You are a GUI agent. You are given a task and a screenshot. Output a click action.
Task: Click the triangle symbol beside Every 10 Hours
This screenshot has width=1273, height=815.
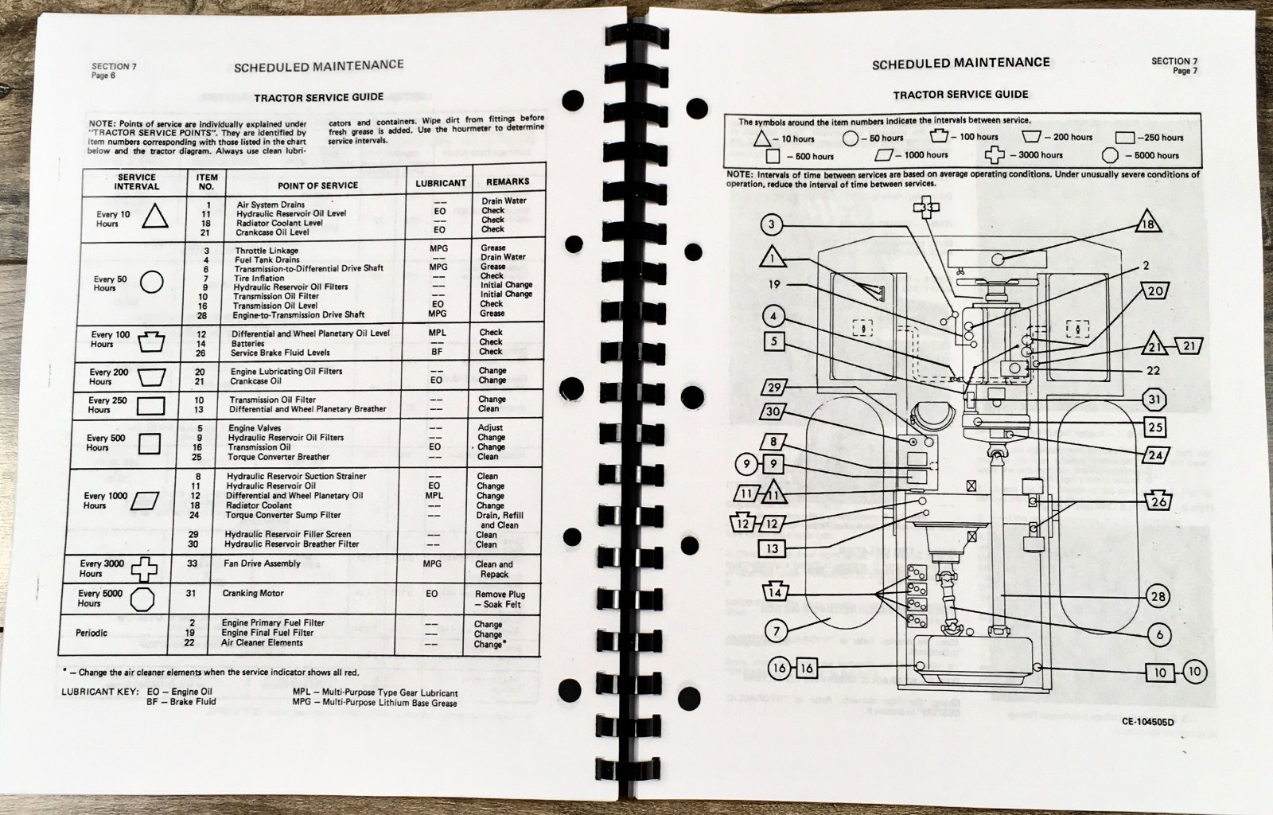[x=155, y=216]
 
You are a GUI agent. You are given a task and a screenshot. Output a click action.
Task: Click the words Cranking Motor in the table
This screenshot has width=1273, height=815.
[x=252, y=594]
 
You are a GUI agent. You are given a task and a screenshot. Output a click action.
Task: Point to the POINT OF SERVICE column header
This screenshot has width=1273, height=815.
[x=317, y=185]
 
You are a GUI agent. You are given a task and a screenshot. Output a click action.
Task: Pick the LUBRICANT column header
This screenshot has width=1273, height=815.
[x=440, y=183]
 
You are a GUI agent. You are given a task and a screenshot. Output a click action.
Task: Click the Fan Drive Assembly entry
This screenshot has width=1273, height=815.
[x=262, y=563]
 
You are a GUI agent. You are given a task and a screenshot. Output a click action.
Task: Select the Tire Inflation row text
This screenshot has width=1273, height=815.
[x=259, y=278]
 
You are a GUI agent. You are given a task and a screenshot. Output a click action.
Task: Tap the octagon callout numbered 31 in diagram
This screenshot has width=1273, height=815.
[x=1155, y=400]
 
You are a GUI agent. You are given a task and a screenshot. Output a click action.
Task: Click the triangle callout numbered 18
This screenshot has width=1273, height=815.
[x=1146, y=225]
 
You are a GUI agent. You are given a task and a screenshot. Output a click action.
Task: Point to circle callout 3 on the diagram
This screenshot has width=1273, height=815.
[x=770, y=224]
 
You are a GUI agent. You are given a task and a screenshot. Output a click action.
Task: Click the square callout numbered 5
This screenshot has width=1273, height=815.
[x=773, y=342]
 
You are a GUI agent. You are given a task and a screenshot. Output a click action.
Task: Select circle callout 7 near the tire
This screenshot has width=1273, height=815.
[x=777, y=631]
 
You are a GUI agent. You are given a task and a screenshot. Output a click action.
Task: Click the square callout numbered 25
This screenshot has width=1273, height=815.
[x=1155, y=427]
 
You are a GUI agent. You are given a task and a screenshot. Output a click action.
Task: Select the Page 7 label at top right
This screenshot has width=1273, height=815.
[x=1182, y=71]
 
